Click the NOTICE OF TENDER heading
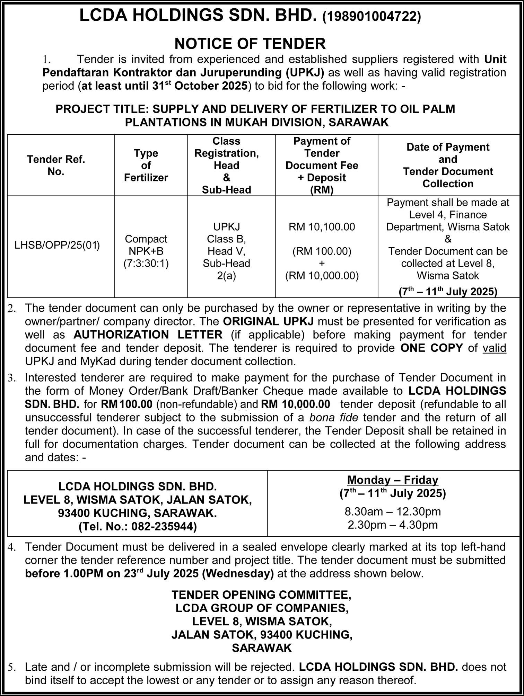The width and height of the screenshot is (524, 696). (x=250, y=44)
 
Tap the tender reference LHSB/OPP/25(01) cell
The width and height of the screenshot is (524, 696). (x=57, y=246)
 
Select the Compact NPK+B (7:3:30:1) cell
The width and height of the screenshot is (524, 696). (x=146, y=251)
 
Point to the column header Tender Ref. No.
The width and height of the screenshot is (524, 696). (x=56, y=166)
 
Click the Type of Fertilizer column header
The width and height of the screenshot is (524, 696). (x=146, y=166)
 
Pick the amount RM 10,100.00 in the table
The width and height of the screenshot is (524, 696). (x=322, y=227)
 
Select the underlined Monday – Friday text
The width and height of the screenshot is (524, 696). (x=392, y=480)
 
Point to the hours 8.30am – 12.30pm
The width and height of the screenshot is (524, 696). (x=392, y=511)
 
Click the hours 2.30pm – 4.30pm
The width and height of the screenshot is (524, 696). (x=392, y=525)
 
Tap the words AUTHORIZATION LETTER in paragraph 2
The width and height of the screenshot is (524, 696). (x=148, y=335)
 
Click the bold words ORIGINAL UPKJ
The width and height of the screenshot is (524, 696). (x=268, y=321)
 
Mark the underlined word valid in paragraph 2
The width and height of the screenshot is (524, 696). (x=494, y=348)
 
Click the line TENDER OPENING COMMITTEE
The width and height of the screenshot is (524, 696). (x=262, y=595)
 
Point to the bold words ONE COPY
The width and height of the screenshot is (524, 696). (x=431, y=348)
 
